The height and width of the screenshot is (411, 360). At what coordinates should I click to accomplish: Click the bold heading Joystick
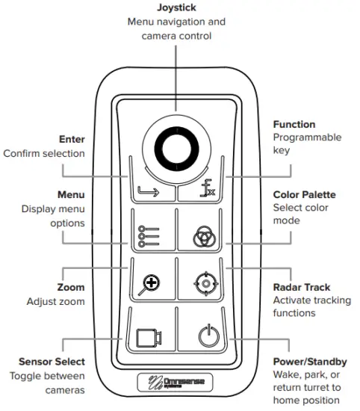(177, 7)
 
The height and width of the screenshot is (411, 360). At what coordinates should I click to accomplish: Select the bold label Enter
(72, 139)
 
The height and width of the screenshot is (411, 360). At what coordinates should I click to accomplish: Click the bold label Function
(294, 124)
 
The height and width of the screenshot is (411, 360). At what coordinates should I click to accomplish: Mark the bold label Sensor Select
(48, 362)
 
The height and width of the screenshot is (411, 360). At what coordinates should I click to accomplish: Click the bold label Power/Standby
(309, 362)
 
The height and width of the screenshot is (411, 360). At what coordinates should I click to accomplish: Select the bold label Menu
(70, 194)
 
